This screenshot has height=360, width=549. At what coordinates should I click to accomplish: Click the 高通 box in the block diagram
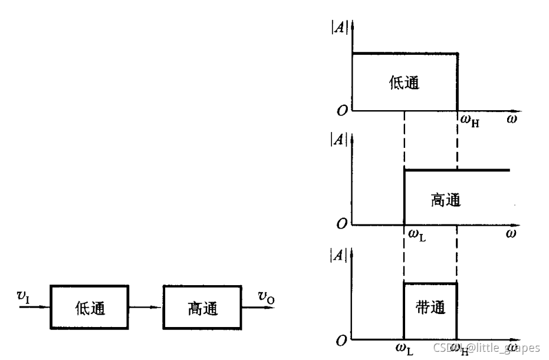click(x=202, y=307)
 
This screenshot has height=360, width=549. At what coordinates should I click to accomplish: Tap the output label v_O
click(x=265, y=297)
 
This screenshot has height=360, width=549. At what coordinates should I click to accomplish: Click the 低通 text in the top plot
click(x=404, y=83)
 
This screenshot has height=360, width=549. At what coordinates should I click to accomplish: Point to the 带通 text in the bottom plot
click(x=430, y=308)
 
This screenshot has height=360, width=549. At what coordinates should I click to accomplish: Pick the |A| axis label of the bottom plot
click(x=339, y=255)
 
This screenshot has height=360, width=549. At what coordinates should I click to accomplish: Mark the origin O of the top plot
click(x=341, y=110)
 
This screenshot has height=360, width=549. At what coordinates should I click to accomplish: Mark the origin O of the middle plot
click(x=341, y=224)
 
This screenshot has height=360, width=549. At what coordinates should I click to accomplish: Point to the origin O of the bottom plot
click(x=341, y=341)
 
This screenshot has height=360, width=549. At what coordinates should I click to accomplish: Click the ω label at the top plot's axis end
click(x=511, y=119)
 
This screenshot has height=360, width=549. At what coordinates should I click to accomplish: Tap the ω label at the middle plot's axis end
click(x=511, y=233)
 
